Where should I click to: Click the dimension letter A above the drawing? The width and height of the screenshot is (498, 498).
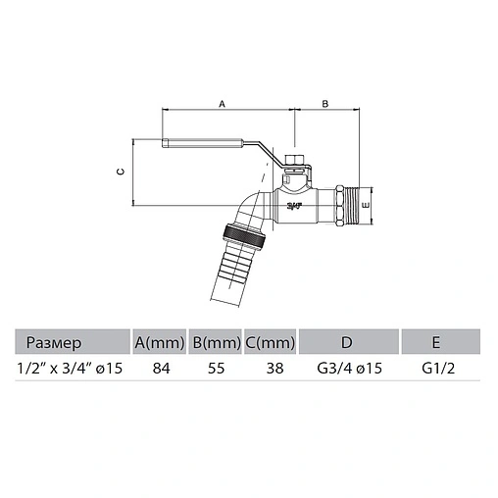coord(221,103)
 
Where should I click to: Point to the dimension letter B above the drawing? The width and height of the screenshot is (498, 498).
coord(325,103)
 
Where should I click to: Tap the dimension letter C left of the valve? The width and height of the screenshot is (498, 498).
coord(120,172)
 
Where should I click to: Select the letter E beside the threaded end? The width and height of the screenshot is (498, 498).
coord(365,206)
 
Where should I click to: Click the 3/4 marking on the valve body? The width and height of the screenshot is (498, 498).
coord(293,206)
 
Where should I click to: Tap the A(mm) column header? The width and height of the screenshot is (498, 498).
coord(160,343)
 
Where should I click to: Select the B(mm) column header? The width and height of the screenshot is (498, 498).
coord(215,343)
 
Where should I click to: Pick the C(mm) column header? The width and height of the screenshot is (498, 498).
coord(269,343)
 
